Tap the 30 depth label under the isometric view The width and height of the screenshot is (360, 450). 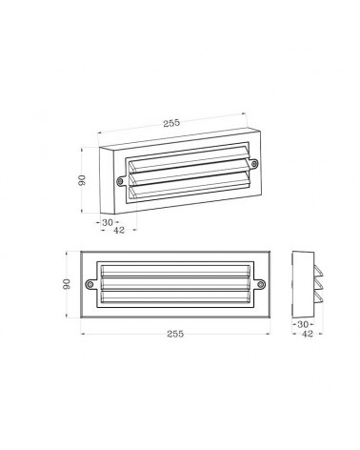coord(110,221)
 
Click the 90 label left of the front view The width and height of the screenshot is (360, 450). coord(68,283)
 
